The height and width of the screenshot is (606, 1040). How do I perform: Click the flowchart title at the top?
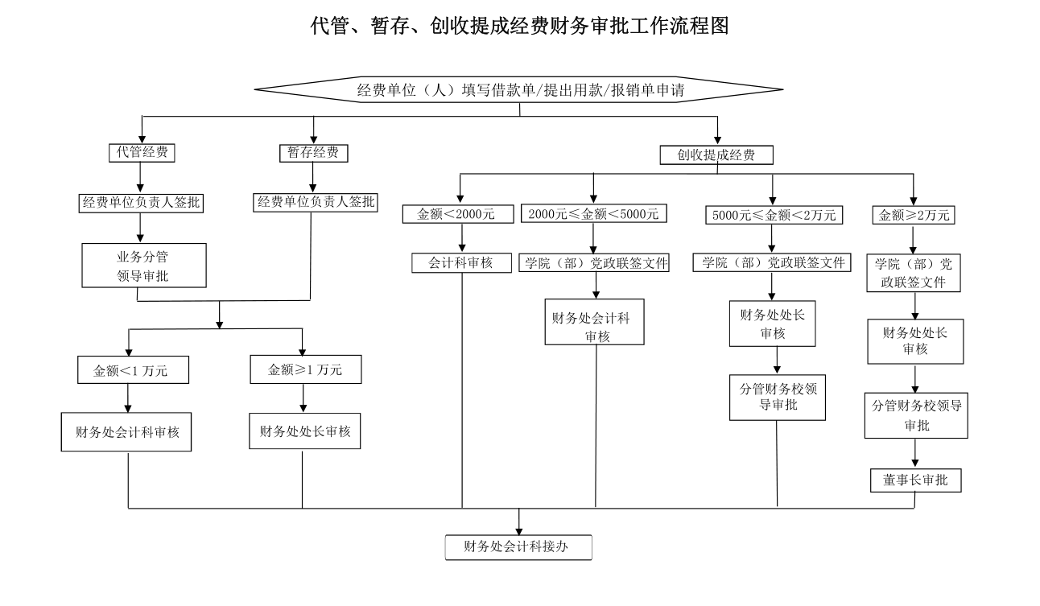tap(519, 27)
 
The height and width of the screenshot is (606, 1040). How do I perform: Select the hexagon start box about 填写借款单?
tap(519, 89)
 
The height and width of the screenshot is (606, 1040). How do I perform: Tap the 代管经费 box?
tap(142, 152)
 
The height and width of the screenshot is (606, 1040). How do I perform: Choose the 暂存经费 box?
tap(313, 152)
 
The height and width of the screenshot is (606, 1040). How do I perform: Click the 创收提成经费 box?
tap(716, 155)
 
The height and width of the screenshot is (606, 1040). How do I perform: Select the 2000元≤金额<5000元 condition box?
tap(593, 214)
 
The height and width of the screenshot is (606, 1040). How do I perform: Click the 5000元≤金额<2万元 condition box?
tap(773, 215)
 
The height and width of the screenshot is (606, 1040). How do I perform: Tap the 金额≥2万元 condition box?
tap(914, 215)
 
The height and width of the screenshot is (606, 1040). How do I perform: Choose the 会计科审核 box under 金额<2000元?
tap(461, 262)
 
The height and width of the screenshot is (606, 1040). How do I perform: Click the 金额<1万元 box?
tap(130, 370)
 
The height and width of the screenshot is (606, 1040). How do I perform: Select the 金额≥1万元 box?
tap(304, 369)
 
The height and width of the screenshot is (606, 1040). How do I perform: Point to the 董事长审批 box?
tap(915, 480)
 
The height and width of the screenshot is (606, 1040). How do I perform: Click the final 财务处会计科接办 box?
tap(518, 547)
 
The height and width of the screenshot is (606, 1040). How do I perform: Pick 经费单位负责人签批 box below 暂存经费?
tap(316, 202)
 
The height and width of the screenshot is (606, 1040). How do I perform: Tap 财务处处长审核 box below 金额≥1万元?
tap(304, 431)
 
